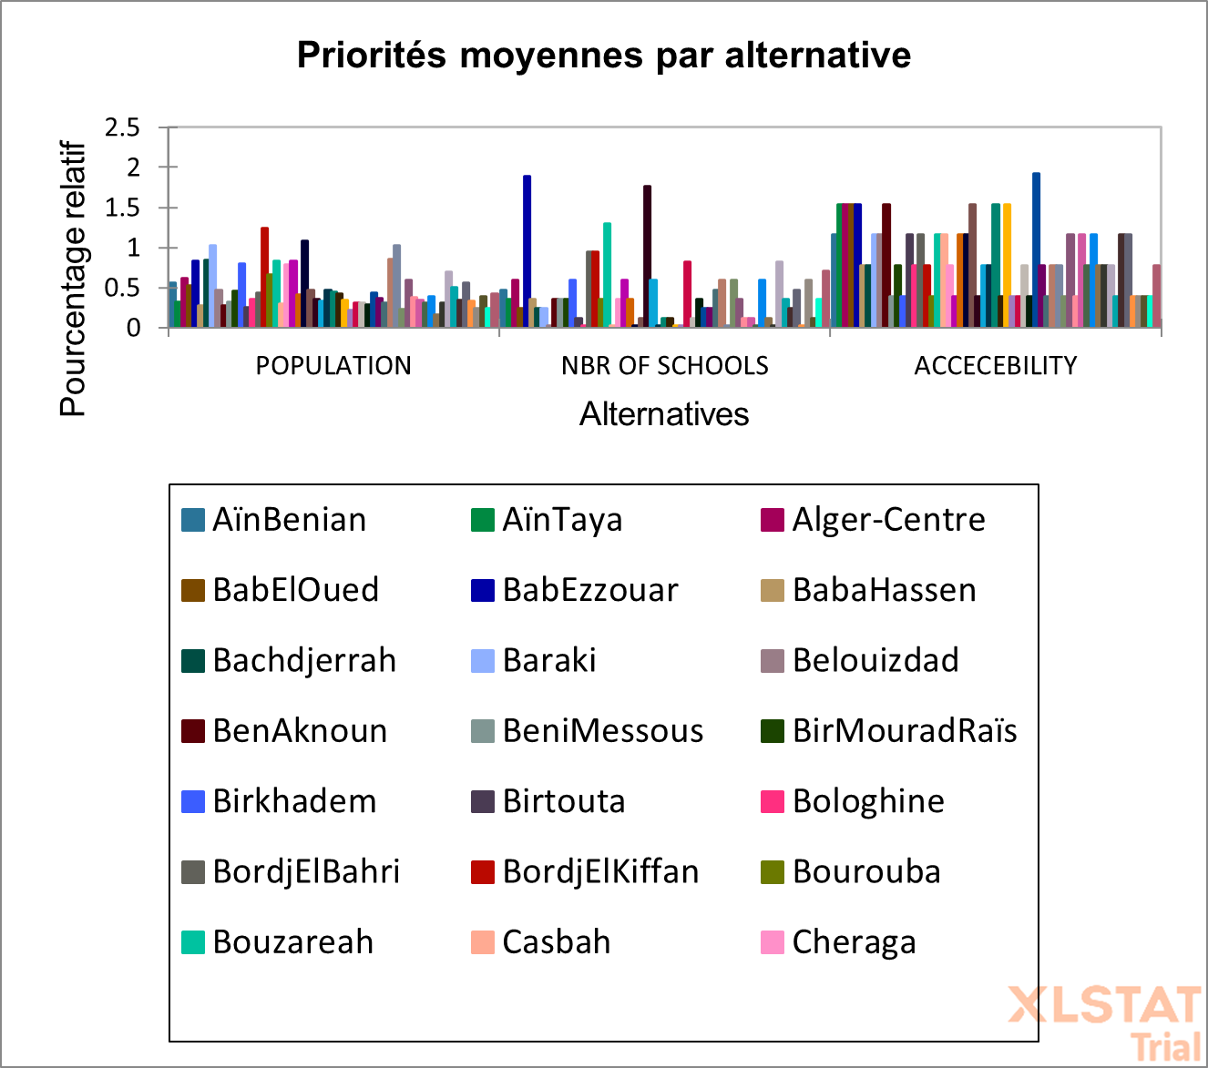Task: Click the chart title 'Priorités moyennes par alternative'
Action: (604, 56)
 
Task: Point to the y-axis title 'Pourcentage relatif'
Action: (73, 279)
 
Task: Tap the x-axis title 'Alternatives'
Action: (664, 414)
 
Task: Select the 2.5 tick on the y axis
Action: (122, 128)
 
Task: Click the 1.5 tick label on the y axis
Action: (122, 209)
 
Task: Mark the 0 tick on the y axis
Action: (134, 329)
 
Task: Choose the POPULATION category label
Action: (333, 366)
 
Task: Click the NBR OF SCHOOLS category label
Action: (664, 366)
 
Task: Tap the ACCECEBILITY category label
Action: (996, 366)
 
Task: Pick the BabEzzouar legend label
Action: (589, 590)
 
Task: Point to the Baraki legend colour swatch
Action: (483, 661)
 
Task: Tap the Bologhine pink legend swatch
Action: (773, 801)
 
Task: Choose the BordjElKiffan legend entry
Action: (599, 872)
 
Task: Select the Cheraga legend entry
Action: (854, 942)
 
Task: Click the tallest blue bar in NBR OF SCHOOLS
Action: (527, 250)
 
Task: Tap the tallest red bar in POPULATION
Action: (264, 277)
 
